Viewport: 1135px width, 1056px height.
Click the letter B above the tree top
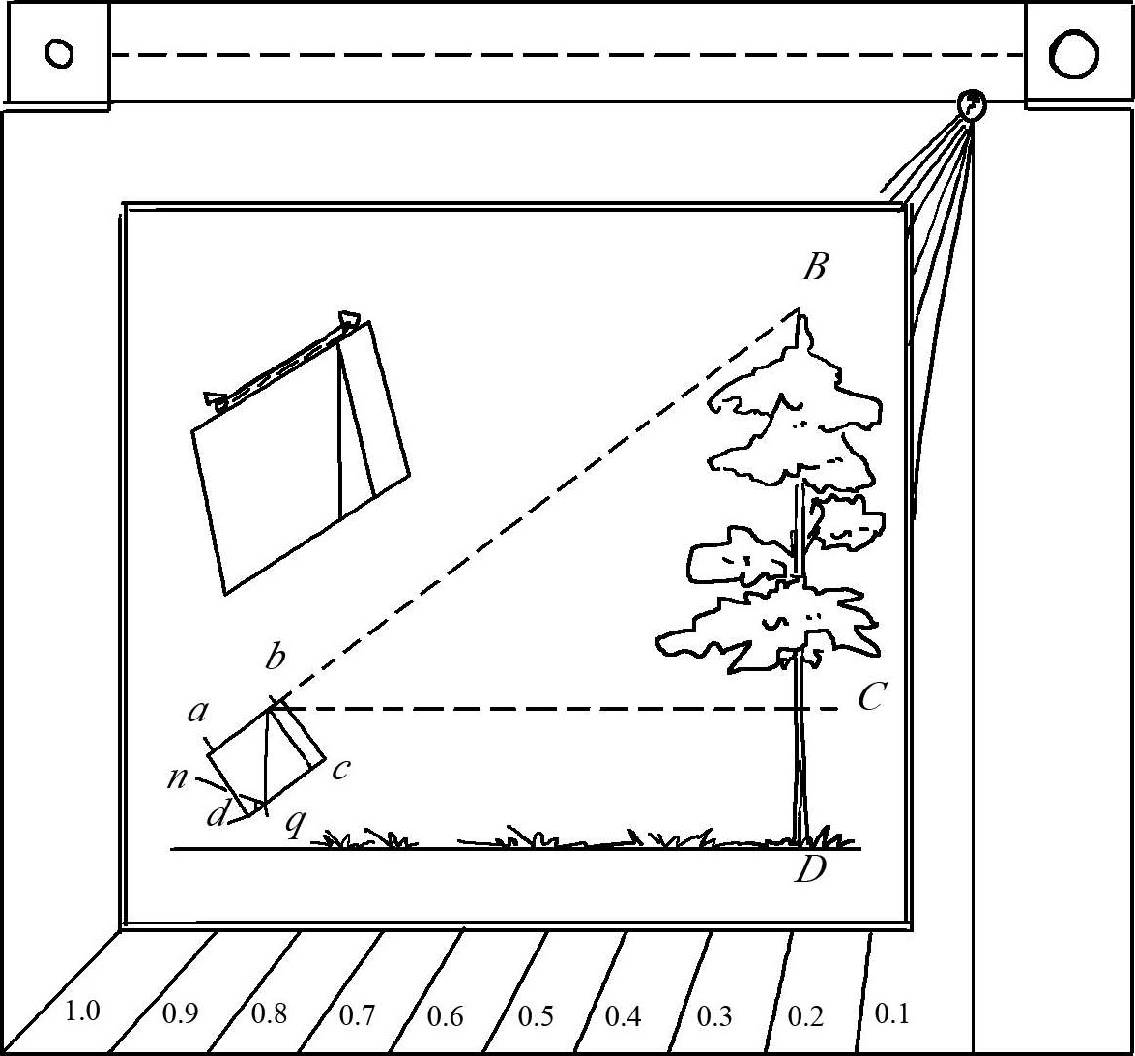(814, 267)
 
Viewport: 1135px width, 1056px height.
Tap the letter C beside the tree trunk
(871, 697)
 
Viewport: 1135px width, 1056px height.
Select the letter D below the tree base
(811, 869)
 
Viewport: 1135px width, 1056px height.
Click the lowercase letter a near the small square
(197, 712)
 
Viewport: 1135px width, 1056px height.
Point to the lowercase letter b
(276, 657)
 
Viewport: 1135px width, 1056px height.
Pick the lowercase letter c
(341, 769)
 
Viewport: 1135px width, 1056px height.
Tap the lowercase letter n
(178, 777)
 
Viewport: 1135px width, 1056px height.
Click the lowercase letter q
(295, 824)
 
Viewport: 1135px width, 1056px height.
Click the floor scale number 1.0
(82, 1011)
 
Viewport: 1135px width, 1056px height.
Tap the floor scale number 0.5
(537, 1016)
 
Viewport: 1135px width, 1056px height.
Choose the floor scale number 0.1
(891, 1013)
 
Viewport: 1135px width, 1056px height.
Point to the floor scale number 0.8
(270, 1013)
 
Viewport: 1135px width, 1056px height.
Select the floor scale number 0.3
(714, 1016)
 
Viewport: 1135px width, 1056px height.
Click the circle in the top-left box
(59, 53)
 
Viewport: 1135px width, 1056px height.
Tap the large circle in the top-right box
(1074, 53)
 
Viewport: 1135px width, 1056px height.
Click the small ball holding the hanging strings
(972, 105)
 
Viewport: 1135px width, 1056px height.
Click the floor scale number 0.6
(445, 1016)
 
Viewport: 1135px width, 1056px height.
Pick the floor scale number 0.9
(180, 1014)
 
